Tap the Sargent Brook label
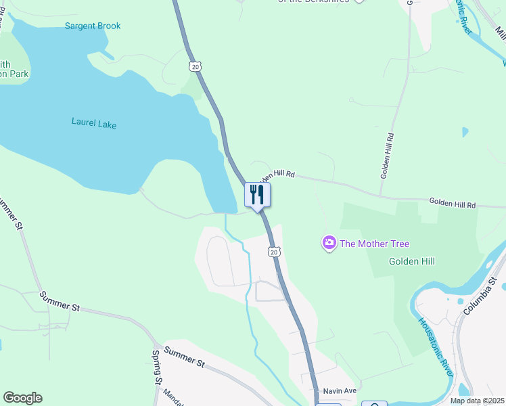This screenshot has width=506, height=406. pyautogui.click(x=93, y=26)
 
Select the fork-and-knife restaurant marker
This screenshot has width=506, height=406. pyautogui.click(x=257, y=195)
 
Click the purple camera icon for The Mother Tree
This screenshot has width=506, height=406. pyautogui.click(x=329, y=243)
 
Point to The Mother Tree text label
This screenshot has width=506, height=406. pyautogui.click(x=374, y=244)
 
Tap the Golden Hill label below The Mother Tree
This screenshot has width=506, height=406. pyautogui.click(x=412, y=261)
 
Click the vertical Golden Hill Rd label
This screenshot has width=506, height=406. pyautogui.click(x=387, y=155)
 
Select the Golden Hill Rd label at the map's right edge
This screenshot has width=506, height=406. pyautogui.click(x=453, y=204)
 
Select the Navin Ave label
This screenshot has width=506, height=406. pyautogui.click(x=340, y=391)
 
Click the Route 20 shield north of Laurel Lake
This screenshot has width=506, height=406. pyautogui.click(x=195, y=66)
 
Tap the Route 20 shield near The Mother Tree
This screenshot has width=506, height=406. pyautogui.click(x=273, y=252)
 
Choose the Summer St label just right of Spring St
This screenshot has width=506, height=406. pyautogui.click(x=184, y=358)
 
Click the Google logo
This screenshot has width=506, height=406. pyautogui.click(x=22, y=398)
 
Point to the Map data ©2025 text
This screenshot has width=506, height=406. pyautogui.click(x=477, y=401)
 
